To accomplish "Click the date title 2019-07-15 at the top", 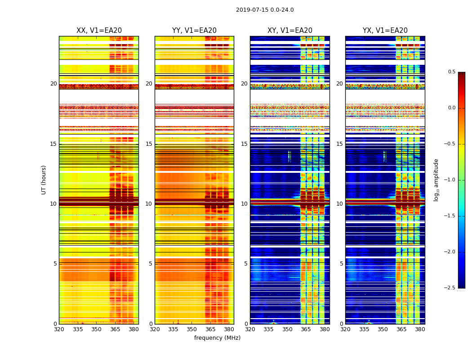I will coord(265,10).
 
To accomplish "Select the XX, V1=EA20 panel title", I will coord(99,31).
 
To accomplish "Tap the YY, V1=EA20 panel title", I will coord(194,31).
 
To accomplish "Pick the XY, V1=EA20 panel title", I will coord(290,31).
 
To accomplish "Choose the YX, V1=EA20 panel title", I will coord(385,31).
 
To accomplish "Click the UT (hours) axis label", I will coord(44,180).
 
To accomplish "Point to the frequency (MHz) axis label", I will coord(217,338).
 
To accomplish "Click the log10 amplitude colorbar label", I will coord(436,180).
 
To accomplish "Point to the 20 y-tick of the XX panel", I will coord(54,84).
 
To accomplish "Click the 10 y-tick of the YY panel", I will coord(150,204).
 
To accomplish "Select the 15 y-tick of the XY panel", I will coord(245,144).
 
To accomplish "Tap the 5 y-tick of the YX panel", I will coord(342,264).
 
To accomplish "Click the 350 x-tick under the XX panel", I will coord(96,329).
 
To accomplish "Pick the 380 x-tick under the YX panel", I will coord(420,329).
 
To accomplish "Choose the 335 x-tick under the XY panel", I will coord(269,329).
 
